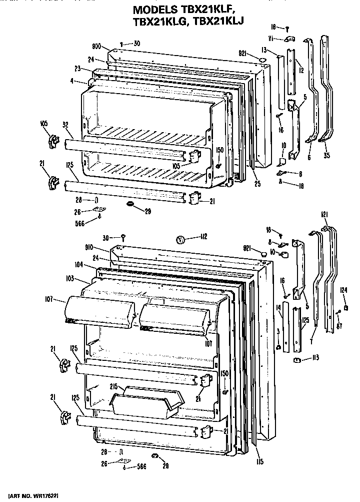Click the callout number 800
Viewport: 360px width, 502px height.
click(96, 46)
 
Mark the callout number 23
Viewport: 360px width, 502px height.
click(78, 69)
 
